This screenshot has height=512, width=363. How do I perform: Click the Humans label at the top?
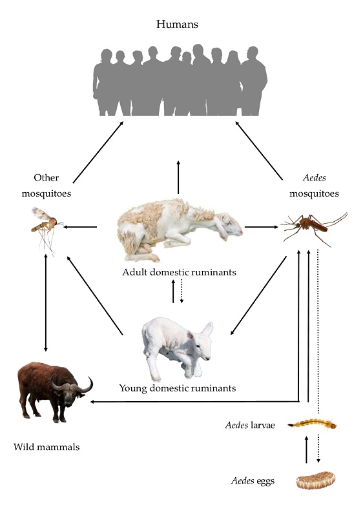pyautogui.click(x=177, y=24)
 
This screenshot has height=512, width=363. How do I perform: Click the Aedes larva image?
pyautogui.click(x=313, y=425)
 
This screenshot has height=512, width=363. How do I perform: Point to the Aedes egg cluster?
pyautogui.click(x=316, y=480)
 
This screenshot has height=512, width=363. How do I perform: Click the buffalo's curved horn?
pyautogui.click(x=86, y=386)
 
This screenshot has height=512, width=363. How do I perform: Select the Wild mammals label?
pyautogui.click(x=47, y=447)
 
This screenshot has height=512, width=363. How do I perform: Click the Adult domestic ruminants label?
pyautogui.click(x=179, y=272)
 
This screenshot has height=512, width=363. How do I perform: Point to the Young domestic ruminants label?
pyautogui.click(x=178, y=388)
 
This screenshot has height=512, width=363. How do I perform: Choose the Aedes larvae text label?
pyautogui.click(x=250, y=426)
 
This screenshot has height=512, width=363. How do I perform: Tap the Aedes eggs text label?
pyautogui.click(x=253, y=480)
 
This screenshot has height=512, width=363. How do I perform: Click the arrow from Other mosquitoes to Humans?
pyautogui.click(x=98, y=152)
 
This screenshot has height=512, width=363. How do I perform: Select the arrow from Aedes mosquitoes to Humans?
pyautogui.click(x=259, y=150)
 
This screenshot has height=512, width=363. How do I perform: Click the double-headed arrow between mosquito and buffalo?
pyautogui.click(x=45, y=302)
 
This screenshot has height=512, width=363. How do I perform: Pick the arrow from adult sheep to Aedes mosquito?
pyautogui.click(x=262, y=226)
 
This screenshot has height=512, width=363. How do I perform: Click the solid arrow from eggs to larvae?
pyautogui.click(x=306, y=449)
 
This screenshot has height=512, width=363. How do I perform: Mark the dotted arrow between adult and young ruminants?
pyautogui.click(x=182, y=291)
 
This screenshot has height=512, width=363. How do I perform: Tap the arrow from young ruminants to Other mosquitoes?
pyautogui.click(x=95, y=295)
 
